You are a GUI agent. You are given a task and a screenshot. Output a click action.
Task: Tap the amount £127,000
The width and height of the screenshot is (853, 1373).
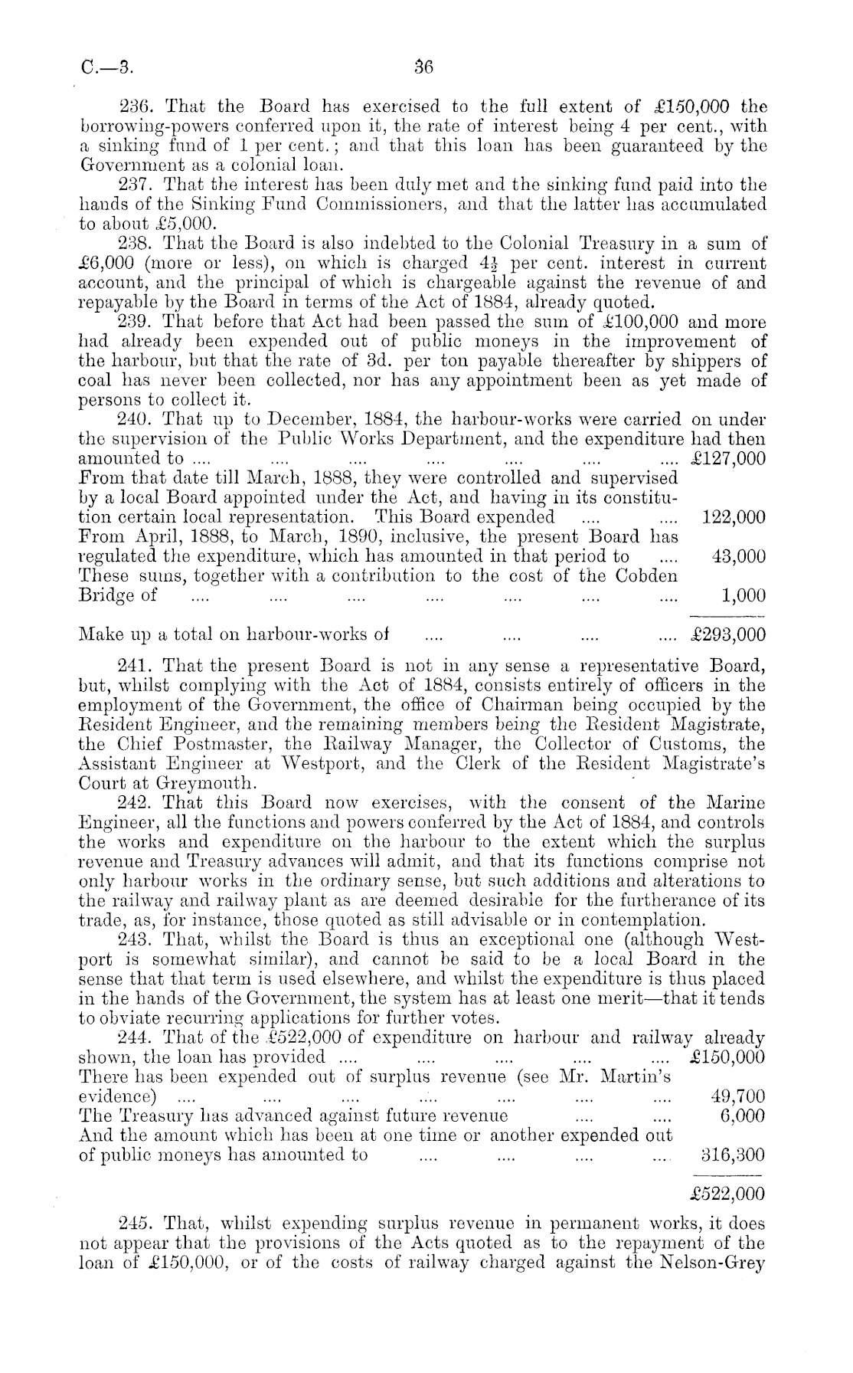point(727,458)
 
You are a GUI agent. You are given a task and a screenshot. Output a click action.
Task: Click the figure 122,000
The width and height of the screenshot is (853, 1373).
point(734,517)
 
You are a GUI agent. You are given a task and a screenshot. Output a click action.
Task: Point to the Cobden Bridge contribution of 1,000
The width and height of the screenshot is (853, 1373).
point(744,596)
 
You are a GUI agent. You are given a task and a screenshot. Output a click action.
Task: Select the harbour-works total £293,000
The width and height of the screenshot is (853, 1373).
point(727,635)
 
